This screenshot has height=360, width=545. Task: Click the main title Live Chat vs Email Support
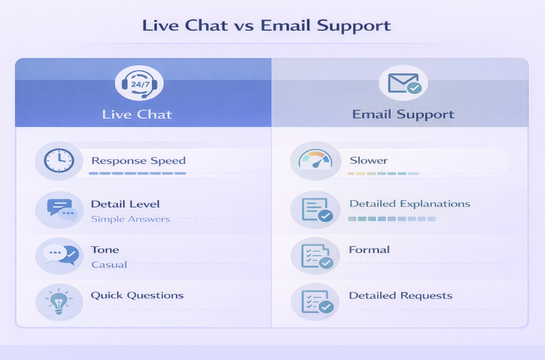click(x=266, y=25)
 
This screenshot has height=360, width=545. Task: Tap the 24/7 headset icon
click(x=139, y=83)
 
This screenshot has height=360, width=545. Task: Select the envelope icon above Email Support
click(x=403, y=83)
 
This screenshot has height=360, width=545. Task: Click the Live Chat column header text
click(x=137, y=114)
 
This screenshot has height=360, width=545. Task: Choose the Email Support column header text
click(x=403, y=114)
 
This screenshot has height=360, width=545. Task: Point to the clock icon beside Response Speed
click(x=59, y=160)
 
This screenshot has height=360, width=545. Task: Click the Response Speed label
click(x=138, y=161)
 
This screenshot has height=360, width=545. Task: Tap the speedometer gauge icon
click(x=315, y=160)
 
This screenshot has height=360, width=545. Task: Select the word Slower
click(x=369, y=160)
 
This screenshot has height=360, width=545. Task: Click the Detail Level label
click(x=125, y=204)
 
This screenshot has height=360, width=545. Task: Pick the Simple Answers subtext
click(x=130, y=219)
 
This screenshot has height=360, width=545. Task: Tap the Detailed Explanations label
click(x=410, y=204)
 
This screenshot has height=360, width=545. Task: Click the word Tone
click(x=105, y=250)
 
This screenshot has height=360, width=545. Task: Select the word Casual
click(x=109, y=264)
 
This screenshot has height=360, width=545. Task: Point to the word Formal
click(x=369, y=250)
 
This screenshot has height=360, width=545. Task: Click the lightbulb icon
click(x=59, y=301)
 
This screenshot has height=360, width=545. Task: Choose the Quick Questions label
click(x=137, y=295)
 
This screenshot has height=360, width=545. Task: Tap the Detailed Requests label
click(x=400, y=295)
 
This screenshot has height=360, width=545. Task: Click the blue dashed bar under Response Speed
click(x=137, y=173)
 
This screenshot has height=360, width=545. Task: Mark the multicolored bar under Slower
click(x=383, y=173)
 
